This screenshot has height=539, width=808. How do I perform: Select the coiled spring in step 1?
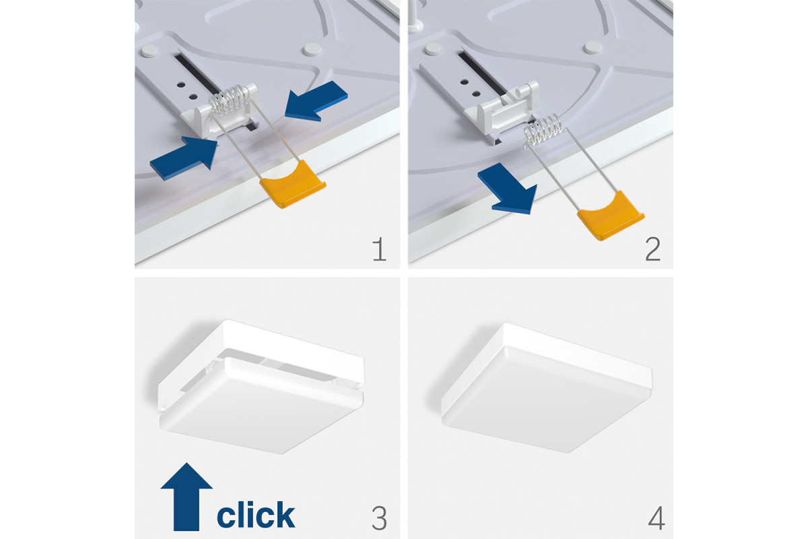tap(230, 100)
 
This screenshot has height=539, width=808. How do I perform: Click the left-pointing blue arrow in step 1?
tap(316, 102)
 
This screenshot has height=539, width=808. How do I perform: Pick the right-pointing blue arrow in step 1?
tap(184, 158)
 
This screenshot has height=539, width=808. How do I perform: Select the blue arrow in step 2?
tap(508, 189)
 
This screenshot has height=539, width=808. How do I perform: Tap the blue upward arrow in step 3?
tap(186, 497)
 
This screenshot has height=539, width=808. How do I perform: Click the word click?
tap(256, 515)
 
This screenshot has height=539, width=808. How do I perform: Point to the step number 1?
tap(380, 249)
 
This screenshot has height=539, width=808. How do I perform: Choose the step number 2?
tap(652, 249)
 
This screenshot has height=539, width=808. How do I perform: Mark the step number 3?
tap(379, 518)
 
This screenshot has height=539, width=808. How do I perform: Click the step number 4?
tap(656, 518)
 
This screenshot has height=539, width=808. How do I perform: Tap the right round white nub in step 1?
tap(312, 49)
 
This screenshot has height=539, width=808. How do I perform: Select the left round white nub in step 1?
tap(149, 51)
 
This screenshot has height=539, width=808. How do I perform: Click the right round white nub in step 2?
tap(593, 47)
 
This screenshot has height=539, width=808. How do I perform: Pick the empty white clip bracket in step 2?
tap(503, 111)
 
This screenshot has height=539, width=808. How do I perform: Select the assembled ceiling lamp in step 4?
tap(547, 388)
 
